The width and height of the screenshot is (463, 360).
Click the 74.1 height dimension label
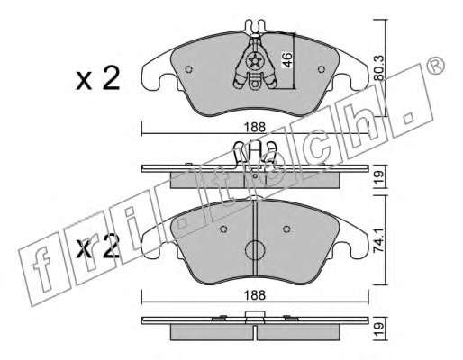coord(379,240)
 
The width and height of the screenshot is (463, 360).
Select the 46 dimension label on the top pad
coord(286,60)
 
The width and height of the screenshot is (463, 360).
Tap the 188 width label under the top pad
coord(255,127)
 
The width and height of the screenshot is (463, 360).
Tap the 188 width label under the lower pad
coord(255,295)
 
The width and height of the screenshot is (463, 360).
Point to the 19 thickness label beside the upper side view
coord(379,177)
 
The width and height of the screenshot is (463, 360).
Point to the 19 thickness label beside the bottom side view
coord(379,329)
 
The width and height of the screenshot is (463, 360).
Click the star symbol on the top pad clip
coord(255,61)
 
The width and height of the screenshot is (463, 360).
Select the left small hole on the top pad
coord(188,69)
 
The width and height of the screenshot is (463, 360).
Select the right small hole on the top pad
coord(322,69)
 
